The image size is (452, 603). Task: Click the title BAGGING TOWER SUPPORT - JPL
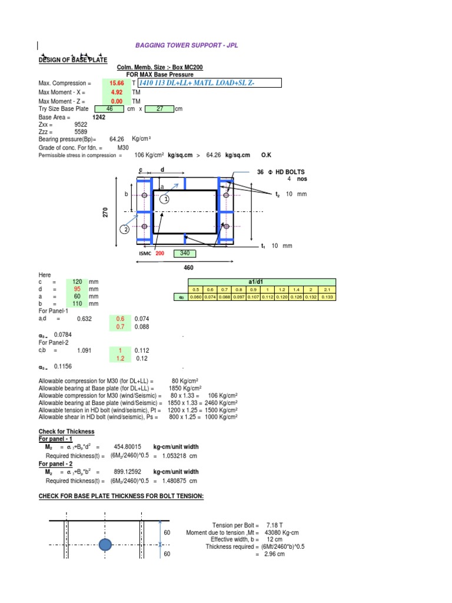point(187,45)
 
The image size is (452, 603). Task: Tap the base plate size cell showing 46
point(109,109)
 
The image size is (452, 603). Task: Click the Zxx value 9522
point(81,125)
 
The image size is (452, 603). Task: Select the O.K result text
point(266,155)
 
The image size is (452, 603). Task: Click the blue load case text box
point(208,84)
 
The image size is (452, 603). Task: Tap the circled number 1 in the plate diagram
point(167,199)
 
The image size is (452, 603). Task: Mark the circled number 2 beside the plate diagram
point(125,229)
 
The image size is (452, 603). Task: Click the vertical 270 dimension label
point(107,214)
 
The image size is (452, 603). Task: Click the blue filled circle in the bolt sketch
point(105,545)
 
